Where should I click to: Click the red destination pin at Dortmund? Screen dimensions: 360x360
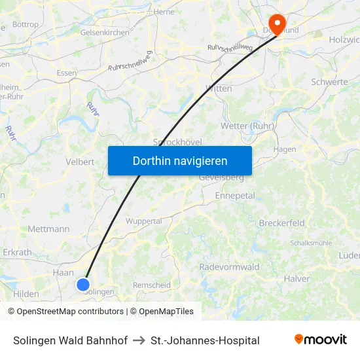tap(278, 25)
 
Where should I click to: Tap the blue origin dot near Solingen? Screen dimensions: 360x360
tap(83, 284)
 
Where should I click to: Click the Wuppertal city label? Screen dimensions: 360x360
tap(143, 221)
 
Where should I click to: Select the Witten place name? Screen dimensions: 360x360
tap(219, 88)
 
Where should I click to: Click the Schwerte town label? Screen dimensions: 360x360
tap(330, 82)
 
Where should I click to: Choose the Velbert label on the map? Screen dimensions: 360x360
tap(80, 162)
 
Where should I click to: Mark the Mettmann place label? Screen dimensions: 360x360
tap(48, 229)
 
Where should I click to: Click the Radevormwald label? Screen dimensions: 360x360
tap(229, 267)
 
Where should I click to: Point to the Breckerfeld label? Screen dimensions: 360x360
tap(282, 223)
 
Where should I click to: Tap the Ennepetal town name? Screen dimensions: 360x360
tap(235, 196)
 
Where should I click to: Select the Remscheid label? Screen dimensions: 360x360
tap(152, 285)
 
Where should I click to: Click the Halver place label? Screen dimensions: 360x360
tap(297, 279)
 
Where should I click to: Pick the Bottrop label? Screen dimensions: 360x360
tap(26, 24)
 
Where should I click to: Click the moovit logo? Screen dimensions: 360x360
tap(321, 340)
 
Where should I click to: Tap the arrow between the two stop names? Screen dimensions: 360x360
tap(139, 340)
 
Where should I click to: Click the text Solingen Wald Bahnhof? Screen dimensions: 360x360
tap(70, 340)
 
